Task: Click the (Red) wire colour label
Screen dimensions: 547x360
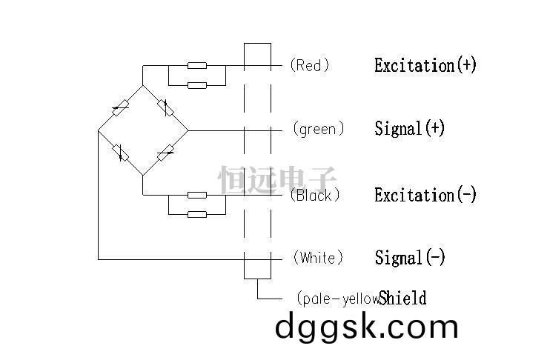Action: tap(310, 65)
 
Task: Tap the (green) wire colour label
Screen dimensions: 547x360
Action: tap(319, 129)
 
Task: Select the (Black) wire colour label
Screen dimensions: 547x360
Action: tap(315, 195)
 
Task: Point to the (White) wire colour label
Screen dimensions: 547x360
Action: tap(318, 258)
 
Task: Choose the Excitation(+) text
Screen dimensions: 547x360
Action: tap(425, 65)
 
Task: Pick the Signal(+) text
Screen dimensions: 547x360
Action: tap(410, 129)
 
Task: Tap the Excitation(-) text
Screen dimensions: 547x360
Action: tap(425, 195)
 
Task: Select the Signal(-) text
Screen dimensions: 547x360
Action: tap(410, 258)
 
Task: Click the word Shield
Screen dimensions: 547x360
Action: tap(402, 299)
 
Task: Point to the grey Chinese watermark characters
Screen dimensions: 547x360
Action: tap(277, 179)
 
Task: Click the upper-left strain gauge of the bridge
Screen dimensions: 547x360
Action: tap(121, 108)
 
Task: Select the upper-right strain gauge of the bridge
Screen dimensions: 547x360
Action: tap(165, 107)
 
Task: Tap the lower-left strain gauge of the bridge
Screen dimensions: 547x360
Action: tap(121, 153)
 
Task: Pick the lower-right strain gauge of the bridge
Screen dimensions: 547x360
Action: tap(165, 153)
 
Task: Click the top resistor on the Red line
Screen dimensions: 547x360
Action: tap(197, 65)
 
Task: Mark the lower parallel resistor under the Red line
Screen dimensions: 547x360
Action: tap(197, 85)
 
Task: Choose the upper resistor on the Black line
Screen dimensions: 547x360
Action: tap(197, 195)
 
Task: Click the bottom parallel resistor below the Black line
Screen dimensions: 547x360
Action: tap(197, 214)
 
